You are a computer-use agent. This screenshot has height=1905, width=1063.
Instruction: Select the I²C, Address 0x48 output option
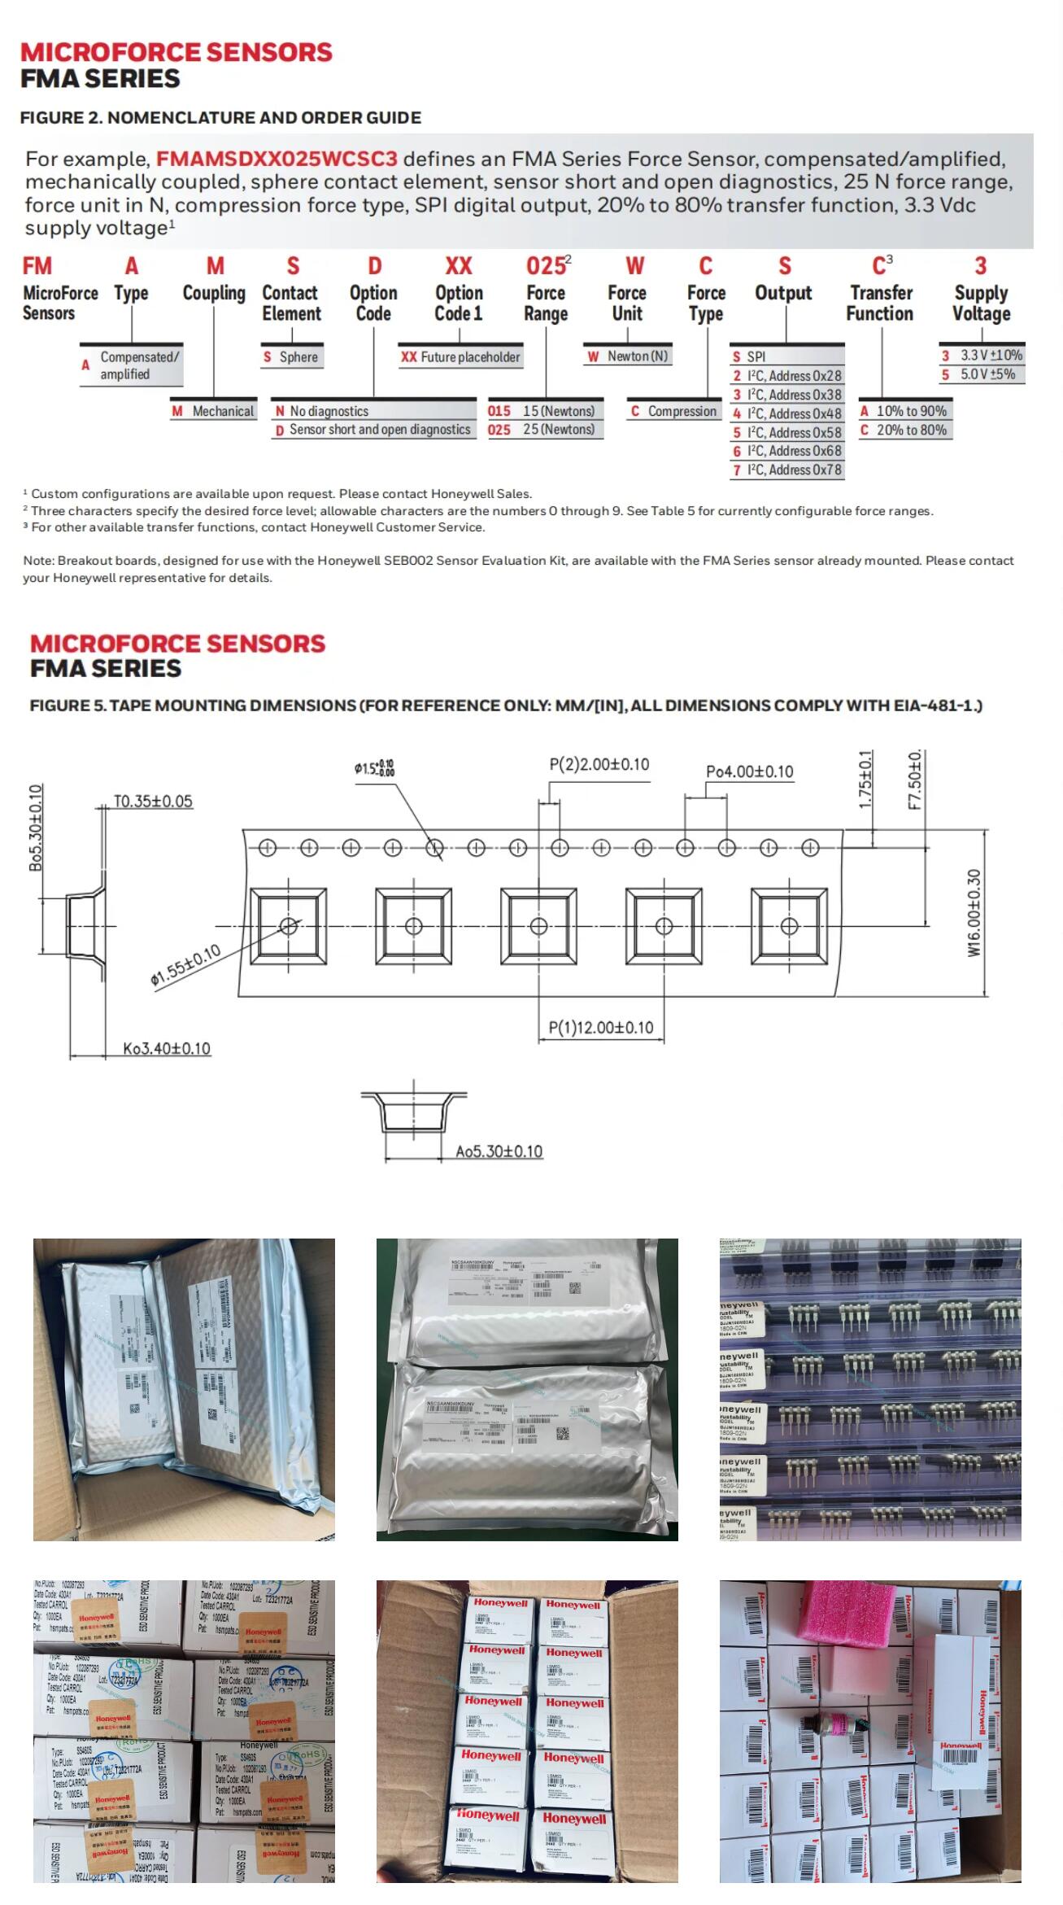[786, 413]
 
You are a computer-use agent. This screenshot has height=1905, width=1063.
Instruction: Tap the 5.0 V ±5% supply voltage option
[981, 374]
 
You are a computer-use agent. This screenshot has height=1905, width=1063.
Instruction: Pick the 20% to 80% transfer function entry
[904, 430]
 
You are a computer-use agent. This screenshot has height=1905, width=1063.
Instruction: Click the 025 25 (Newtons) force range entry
[542, 429]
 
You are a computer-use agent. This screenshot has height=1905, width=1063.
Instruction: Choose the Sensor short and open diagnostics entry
[373, 430]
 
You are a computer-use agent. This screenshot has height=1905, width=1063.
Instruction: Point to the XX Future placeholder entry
[460, 356]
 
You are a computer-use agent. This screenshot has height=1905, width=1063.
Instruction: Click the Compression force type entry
[674, 411]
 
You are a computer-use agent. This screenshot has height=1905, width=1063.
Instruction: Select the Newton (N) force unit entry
[628, 356]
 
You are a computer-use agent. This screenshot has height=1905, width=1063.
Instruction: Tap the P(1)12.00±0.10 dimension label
[601, 1027]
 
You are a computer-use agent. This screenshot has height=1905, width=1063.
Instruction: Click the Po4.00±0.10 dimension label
[749, 771]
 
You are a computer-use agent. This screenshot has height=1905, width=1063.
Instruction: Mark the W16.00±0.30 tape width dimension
[974, 912]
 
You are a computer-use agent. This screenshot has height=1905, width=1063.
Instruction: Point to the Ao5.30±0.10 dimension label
[499, 1151]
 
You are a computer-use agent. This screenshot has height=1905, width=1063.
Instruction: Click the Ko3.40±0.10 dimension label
[167, 1048]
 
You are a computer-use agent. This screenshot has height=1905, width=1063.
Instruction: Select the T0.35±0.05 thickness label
[153, 801]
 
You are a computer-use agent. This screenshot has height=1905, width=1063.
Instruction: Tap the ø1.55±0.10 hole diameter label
[185, 966]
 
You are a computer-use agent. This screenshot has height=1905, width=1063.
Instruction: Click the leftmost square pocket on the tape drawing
[288, 926]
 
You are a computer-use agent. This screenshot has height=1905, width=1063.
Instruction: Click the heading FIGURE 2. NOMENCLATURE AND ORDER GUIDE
[220, 117]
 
